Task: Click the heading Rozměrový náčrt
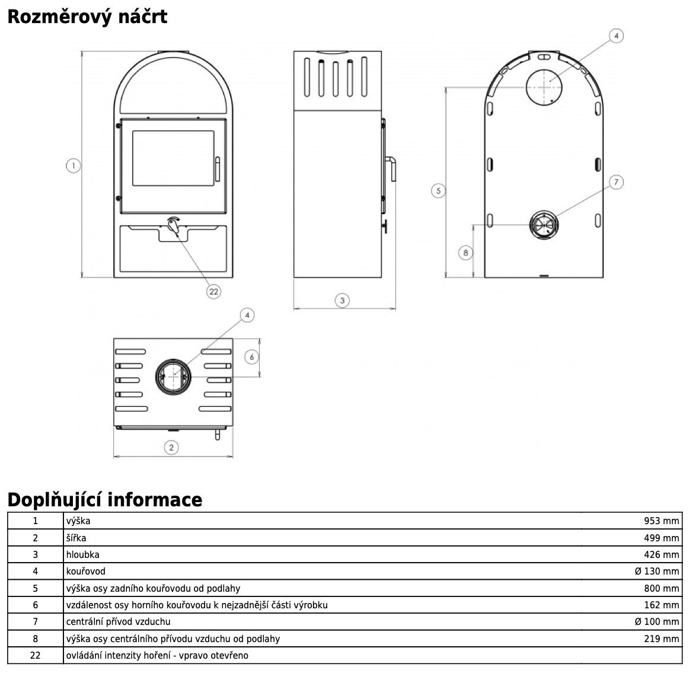(87, 17)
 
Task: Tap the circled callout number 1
(73, 166)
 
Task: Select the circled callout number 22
(213, 291)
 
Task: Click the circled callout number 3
(342, 301)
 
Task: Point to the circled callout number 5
(438, 190)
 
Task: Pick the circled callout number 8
(465, 253)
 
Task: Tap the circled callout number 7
(616, 182)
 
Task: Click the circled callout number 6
(252, 357)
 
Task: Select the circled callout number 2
(171, 447)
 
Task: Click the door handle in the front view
(217, 168)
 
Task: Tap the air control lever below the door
(174, 226)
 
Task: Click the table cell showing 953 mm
(661, 521)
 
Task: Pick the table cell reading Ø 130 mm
(656, 572)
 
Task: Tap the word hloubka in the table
(83, 555)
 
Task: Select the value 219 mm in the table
(661, 639)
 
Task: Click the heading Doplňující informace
(104, 500)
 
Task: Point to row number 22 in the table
(35, 656)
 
